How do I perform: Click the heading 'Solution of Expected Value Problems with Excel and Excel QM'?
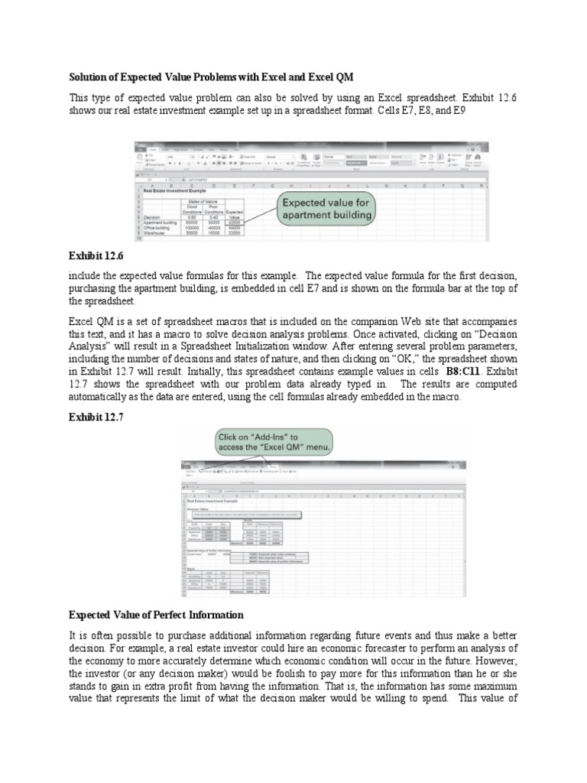pos(212,77)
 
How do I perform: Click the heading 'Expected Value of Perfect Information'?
pos(156,615)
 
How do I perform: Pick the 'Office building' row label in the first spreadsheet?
pos(157,228)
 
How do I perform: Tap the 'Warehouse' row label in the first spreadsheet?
pos(152,234)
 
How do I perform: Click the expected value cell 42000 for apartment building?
pos(235,222)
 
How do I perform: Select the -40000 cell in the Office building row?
pos(209,228)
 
